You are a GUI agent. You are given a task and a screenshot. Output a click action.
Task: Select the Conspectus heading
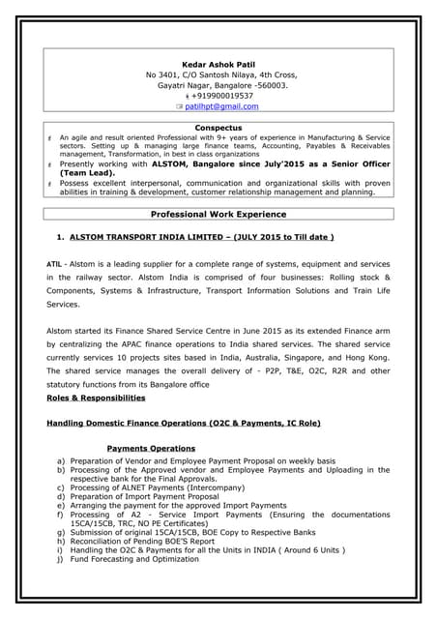(x=218, y=128)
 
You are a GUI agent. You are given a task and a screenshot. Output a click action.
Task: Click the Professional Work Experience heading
(x=218, y=214)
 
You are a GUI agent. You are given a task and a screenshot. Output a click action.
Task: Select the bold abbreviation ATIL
(x=54, y=265)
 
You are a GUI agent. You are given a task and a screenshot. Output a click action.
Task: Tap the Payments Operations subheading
(x=150, y=449)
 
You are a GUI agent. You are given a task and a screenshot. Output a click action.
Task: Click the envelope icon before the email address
(x=180, y=107)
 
